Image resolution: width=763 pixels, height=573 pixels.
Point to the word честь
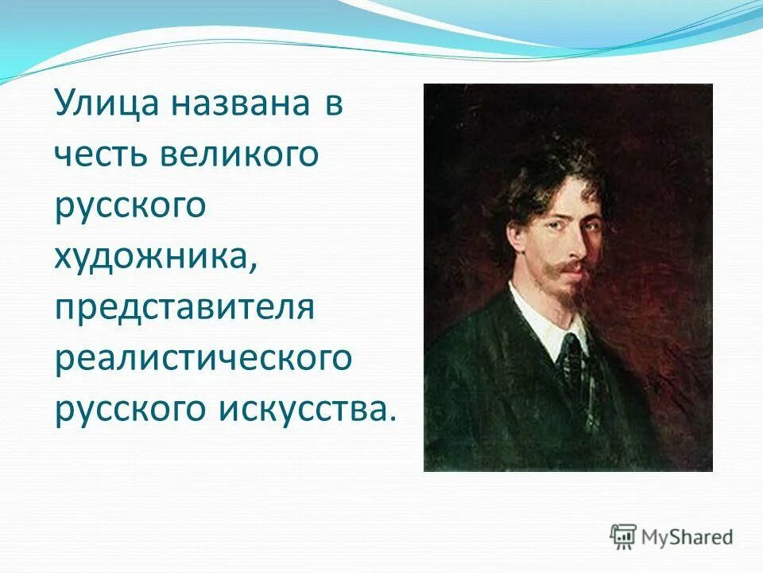(101, 156)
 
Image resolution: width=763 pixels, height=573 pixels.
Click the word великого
(238, 156)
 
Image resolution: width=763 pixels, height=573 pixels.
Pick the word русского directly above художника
(131, 205)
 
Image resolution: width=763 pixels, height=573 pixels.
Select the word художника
(152, 256)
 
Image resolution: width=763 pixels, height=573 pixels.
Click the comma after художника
(254, 267)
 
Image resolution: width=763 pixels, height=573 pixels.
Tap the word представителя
(185, 308)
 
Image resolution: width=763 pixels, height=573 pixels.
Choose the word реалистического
(203, 358)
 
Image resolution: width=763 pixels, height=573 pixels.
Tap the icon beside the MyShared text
(623, 536)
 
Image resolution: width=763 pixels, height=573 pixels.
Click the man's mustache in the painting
(571, 267)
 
